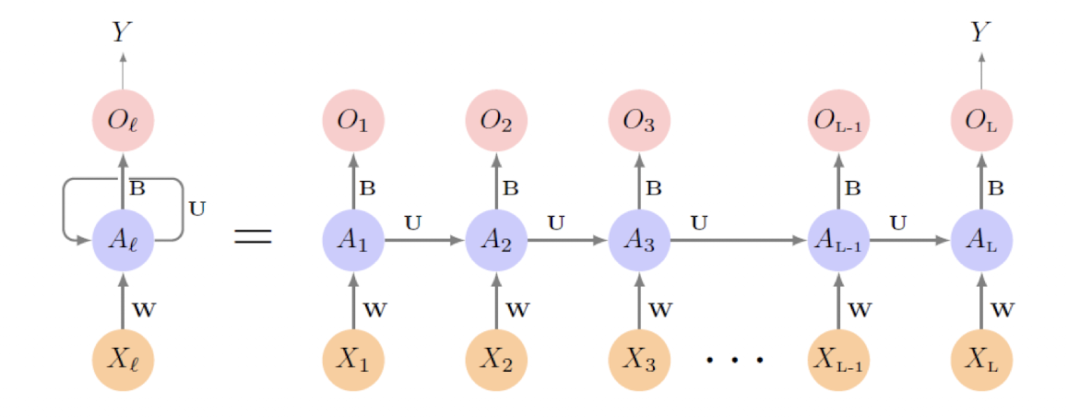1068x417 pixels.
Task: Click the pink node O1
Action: pyautogui.click(x=352, y=121)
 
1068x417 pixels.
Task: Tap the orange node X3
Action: pyautogui.click(x=640, y=359)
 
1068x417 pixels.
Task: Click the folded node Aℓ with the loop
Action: pyautogui.click(x=123, y=241)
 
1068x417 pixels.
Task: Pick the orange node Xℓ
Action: pyautogui.click(x=123, y=359)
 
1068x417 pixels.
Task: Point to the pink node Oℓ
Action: pyautogui.click(x=123, y=121)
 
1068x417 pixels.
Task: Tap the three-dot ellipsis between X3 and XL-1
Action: pyautogui.click(x=734, y=359)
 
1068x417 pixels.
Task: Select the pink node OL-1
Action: pyautogui.click(x=838, y=121)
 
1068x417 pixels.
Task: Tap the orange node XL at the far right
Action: pyautogui.click(x=981, y=359)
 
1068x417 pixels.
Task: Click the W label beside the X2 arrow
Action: pyautogui.click(x=517, y=310)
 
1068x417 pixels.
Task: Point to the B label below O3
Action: pyautogui.click(x=654, y=189)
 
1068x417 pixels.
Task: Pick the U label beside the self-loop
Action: pyautogui.click(x=196, y=208)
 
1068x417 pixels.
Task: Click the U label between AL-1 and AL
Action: pyautogui.click(x=897, y=222)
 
